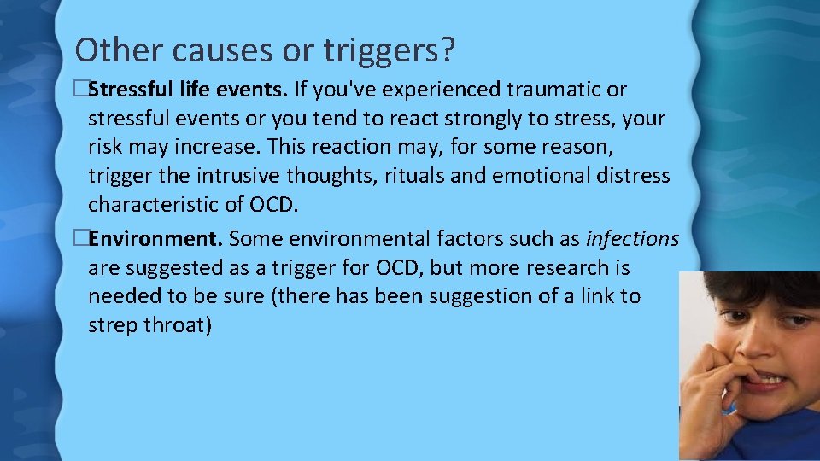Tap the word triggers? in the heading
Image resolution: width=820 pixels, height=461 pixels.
tap(389, 51)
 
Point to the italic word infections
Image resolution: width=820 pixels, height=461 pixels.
tap(632, 238)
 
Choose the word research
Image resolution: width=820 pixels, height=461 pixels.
tap(559, 268)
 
